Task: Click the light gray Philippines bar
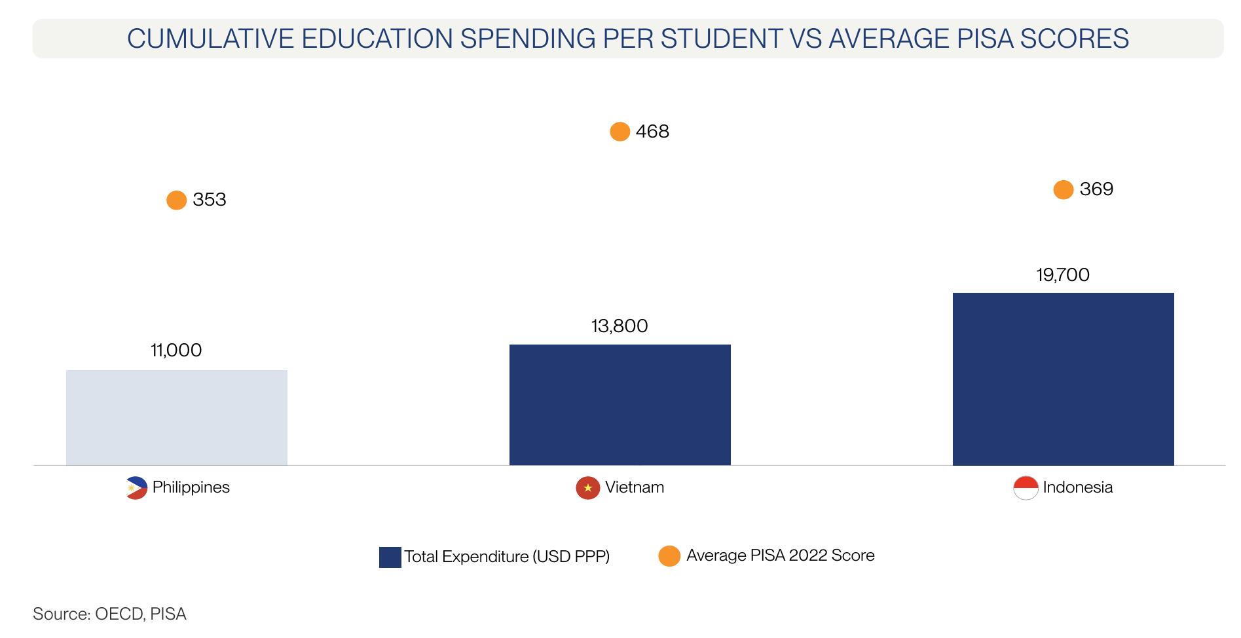(176, 417)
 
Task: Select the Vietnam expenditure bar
(620, 405)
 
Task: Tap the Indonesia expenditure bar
(1063, 379)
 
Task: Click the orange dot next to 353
(177, 200)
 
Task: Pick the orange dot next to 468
(620, 132)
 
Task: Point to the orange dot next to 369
(1064, 189)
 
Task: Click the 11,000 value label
(176, 350)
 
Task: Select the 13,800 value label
(620, 326)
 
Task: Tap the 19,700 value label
(1063, 274)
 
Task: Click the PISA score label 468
(652, 132)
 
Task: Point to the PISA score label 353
(210, 200)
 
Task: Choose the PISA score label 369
(1096, 189)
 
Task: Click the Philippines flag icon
(136, 488)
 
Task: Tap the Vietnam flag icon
(587, 488)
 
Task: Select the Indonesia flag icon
(1026, 488)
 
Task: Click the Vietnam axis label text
(635, 487)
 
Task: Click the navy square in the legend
(390, 557)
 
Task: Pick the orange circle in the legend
(669, 556)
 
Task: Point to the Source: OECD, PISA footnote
(109, 614)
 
